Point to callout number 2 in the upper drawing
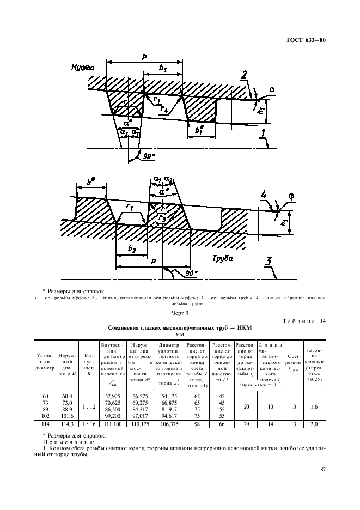(245, 74)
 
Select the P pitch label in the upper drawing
(144, 57)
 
